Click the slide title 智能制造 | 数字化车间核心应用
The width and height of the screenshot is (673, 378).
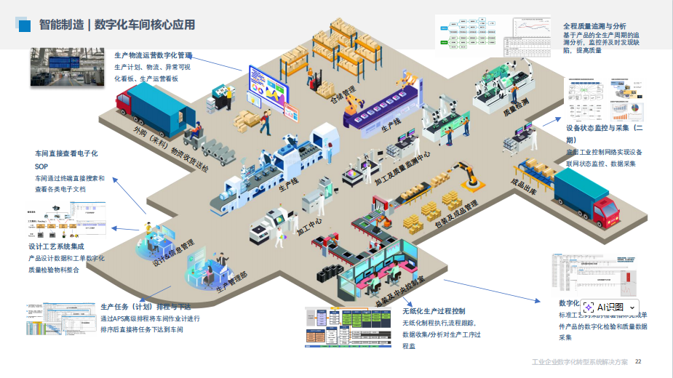pos(116,25)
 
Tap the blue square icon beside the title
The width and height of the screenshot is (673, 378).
pos(24,25)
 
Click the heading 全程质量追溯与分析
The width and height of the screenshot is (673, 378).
pos(594,25)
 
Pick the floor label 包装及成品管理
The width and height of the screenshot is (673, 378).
pos(456,216)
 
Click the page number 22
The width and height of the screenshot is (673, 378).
pos(639,361)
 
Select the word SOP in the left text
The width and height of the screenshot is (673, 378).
pos(41,166)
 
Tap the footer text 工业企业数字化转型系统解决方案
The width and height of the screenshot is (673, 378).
pos(579,361)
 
